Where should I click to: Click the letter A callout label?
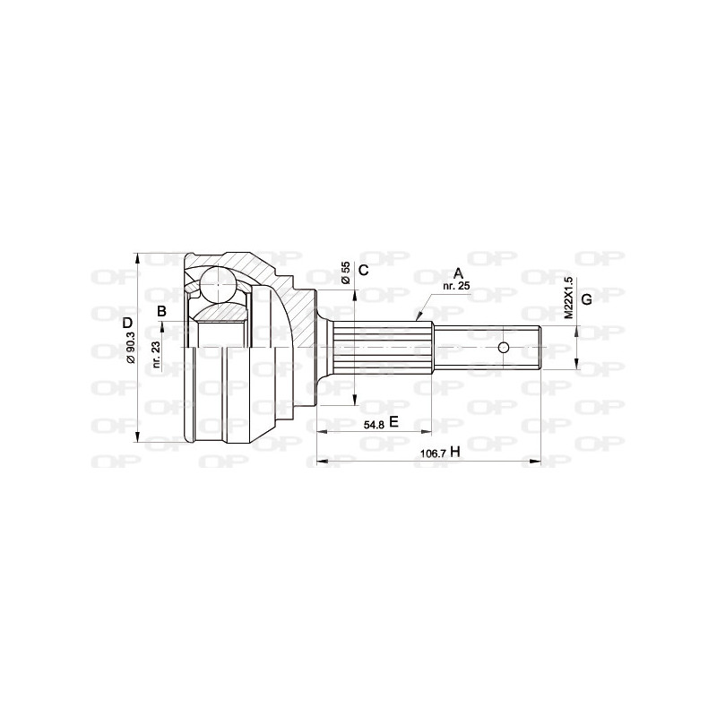point(457,272)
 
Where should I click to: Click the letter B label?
point(162,311)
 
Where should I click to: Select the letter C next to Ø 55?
point(364,270)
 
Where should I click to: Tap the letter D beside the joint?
point(127,322)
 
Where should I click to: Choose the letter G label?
point(587,298)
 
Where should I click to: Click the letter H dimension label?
point(455,453)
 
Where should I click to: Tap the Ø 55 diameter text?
point(345,272)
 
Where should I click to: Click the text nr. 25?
point(456,286)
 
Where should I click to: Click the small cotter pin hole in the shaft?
point(504,347)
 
